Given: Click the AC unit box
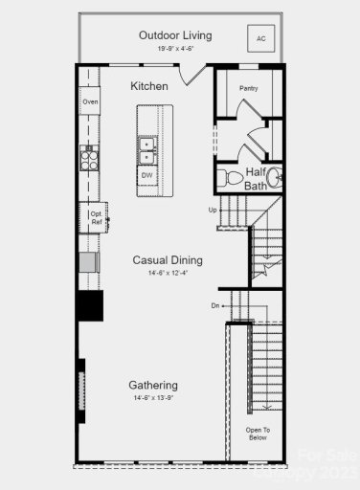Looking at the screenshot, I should click(259, 38).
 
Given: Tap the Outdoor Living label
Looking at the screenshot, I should click(175, 35).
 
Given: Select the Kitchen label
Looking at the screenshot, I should click(149, 86).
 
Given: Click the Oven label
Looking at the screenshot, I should click(90, 100).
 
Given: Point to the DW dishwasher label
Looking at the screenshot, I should click(147, 176).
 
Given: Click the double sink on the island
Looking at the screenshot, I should click(147, 149).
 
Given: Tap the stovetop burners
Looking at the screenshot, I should click(89, 160).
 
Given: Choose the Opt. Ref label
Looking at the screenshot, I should click(96, 217).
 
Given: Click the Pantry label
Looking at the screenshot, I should click(248, 88).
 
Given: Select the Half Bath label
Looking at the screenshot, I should click(256, 179).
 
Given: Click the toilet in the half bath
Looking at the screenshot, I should click(231, 177).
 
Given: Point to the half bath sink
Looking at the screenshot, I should click(274, 178).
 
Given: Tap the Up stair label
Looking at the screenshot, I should click(213, 210).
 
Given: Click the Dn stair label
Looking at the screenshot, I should click(215, 305).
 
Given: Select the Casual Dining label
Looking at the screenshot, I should click(168, 259).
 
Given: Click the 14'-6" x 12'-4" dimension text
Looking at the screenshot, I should click(168, 274).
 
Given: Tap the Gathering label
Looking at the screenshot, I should click(153, 385).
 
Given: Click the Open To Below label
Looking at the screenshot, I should click(258, 434).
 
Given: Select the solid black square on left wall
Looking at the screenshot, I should click(90, 305).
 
